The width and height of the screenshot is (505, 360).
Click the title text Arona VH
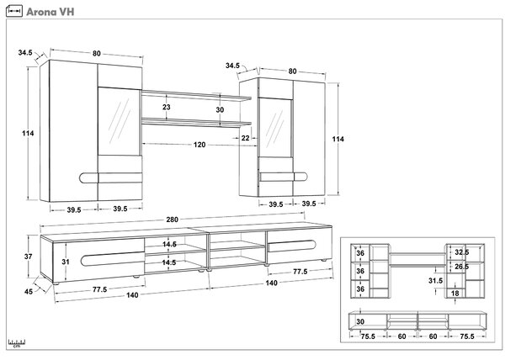pyautogui.click(x=50, y=12)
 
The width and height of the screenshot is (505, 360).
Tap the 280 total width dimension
pyautogui.click(x=172, y=220)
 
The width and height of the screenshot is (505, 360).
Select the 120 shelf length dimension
pyautogui.click(x=199, y=145)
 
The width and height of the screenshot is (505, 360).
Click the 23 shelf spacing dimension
pyautogui.click(x=166, y=107)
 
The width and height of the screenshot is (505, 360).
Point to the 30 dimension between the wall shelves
pyautogui.click(x=220, y=109)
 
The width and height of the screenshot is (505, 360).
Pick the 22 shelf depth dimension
pyautogui.click(x=246, y=138)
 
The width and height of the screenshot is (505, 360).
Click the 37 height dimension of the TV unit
pyautogui.click(x=29, y=257)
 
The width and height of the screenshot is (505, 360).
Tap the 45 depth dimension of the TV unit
pyautogui.click(x=29, y=292)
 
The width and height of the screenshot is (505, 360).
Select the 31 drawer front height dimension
pyautogui.click(x=66, y=262)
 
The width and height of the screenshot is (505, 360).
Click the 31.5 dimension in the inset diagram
pyautogui.click(x=435, y=281)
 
